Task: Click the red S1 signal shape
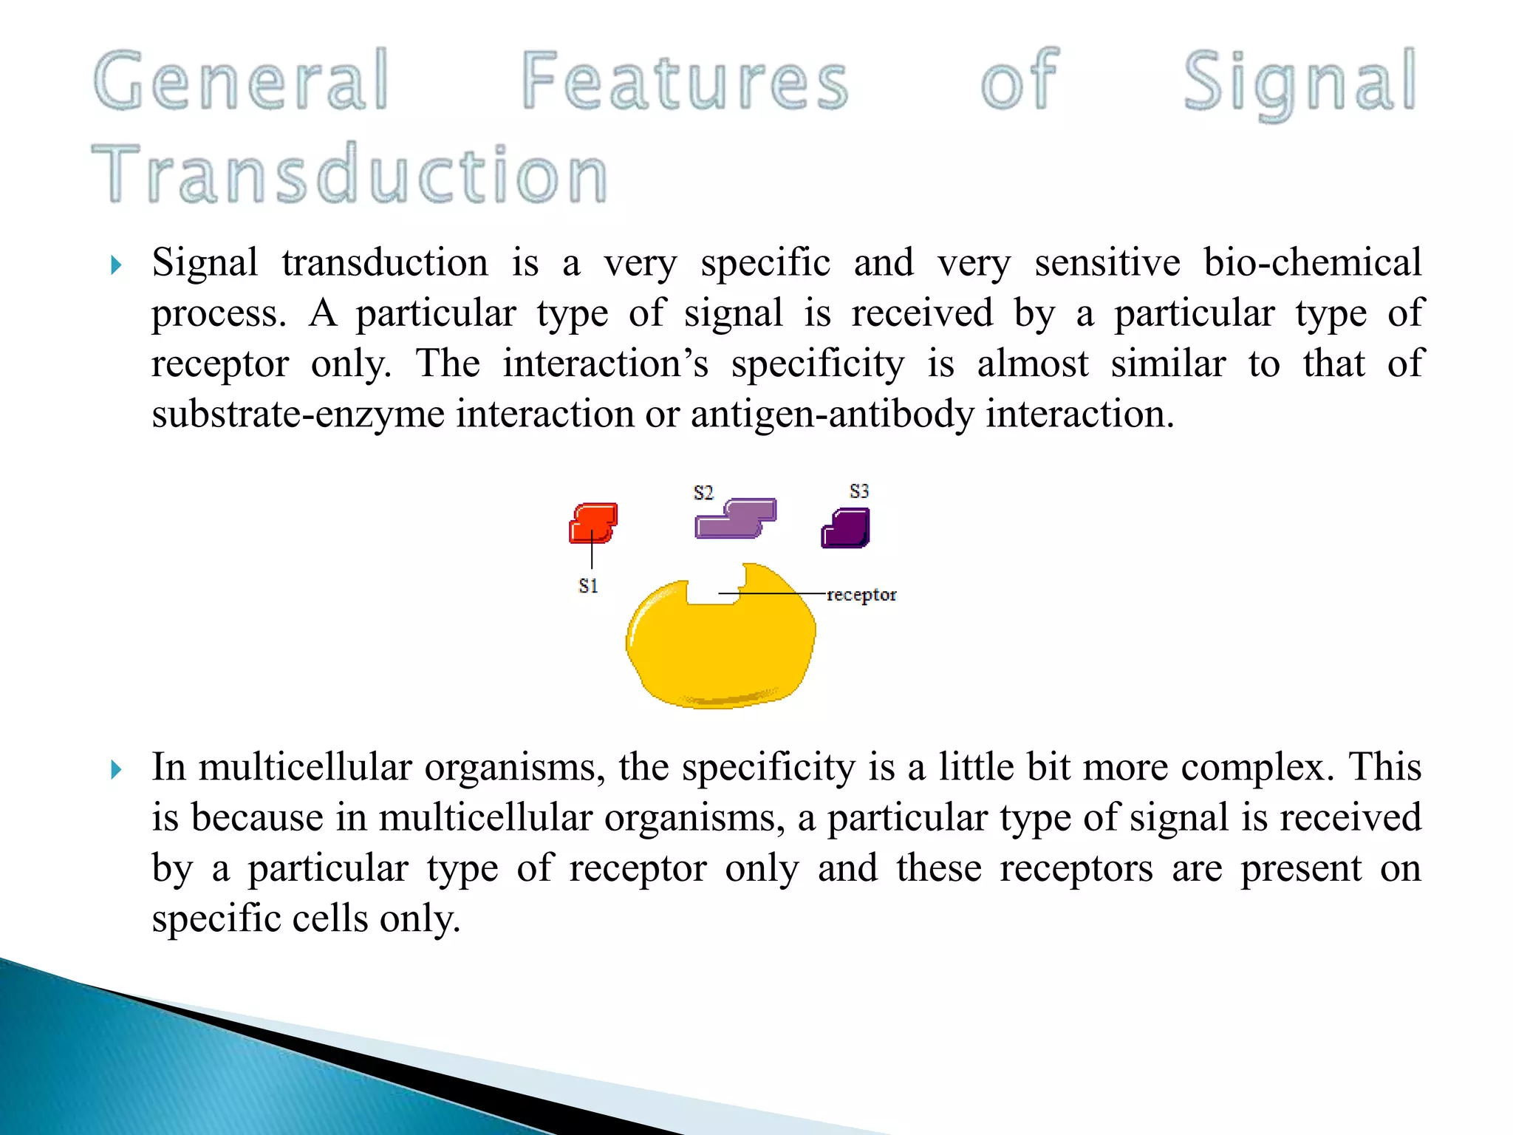593,522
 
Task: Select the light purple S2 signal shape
736,518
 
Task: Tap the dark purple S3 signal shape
847,528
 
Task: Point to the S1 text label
588,586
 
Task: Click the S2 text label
703,493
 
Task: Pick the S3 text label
859,491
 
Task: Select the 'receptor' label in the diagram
861,595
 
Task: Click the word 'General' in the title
242,80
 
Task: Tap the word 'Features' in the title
685,80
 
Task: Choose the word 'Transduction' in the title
350,174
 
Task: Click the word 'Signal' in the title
1300,81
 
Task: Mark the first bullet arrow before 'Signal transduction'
116,265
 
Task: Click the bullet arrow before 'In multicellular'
116,770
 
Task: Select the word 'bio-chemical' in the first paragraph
1312,262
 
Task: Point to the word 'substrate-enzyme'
298,414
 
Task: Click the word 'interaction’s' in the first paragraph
606,364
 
